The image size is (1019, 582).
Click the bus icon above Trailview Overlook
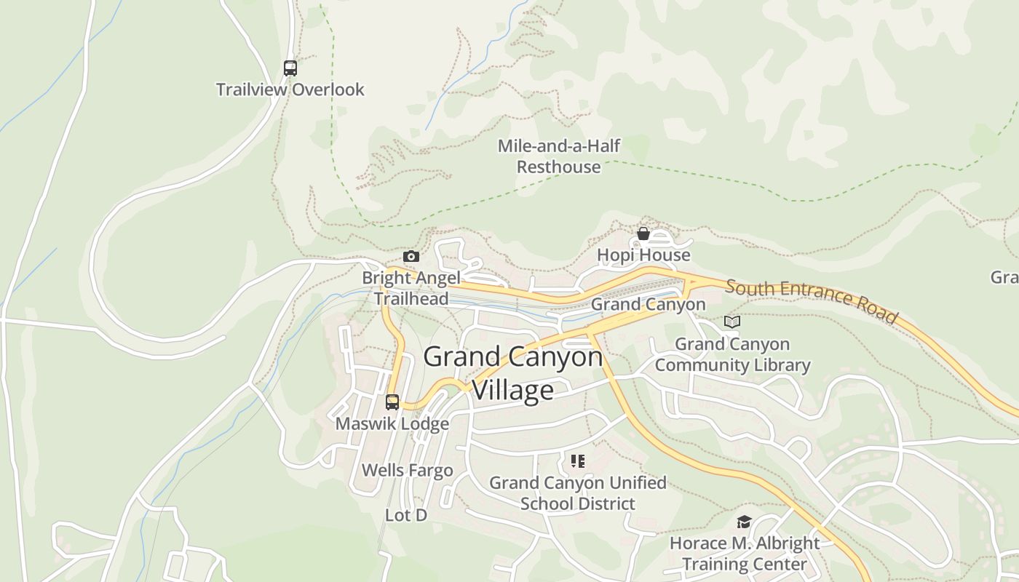[x=290, y=68]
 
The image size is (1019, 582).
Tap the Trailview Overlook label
[x=290, y=89]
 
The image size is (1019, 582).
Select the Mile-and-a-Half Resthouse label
[x=559, y=156]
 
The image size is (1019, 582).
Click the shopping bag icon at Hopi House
[x=643, y=234]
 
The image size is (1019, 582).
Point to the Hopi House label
[x=643, y=255]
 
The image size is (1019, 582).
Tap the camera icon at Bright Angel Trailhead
[x=411, y=256]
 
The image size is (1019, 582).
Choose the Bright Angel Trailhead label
[x=411, y=288]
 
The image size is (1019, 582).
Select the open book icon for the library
[x=732, y=322]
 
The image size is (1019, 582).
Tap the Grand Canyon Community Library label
[x=732, y=354]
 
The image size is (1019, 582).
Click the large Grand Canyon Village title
[x=513, y=372]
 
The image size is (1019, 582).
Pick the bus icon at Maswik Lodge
[x=392, y=402]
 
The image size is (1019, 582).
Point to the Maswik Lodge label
[x=392, y=423]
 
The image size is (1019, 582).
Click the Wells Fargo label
[x=407, y=471]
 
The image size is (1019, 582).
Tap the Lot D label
[x=405, y=515]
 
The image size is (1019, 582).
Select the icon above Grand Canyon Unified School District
[x=578, y=461]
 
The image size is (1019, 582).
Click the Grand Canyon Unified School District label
[x=578, y=493]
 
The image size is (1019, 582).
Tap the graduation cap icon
[x=744, y=522]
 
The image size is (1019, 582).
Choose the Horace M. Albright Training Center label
[x=745, y=554]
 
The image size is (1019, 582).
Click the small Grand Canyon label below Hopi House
[x=648, y=304]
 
